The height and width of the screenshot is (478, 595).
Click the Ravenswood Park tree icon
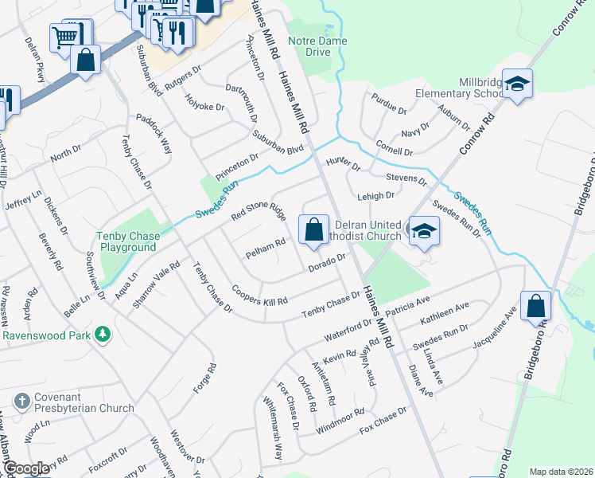101,333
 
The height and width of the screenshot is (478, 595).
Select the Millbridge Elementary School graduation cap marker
517,84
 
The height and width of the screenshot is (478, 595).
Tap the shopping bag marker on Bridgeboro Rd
537,306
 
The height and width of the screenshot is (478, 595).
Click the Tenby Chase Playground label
127,241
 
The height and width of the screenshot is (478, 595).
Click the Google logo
27,468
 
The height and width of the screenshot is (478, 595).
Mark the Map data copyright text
561,472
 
